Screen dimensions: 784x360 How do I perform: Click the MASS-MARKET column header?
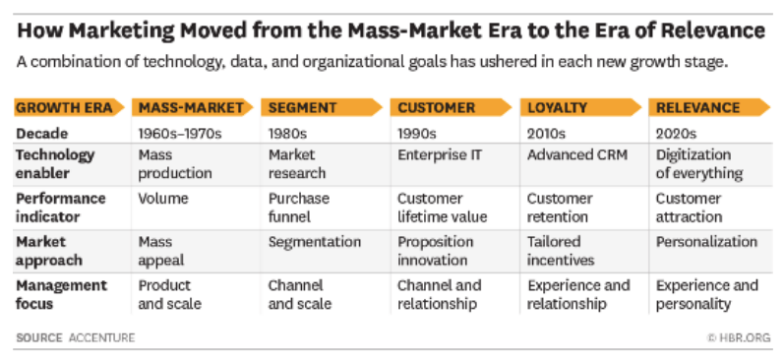(191, 107)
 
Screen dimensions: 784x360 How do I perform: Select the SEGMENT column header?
(302, 107)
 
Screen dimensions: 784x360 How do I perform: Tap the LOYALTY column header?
(557, 107)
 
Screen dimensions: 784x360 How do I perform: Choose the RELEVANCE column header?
(698, 107)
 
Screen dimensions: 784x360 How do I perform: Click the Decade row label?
(41, 134)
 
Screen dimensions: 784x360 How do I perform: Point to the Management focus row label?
(62, 294)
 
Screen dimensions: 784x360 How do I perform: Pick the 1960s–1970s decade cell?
(180, 134)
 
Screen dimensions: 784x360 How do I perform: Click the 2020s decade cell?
(676, 134)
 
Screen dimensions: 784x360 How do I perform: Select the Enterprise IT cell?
(440, 155)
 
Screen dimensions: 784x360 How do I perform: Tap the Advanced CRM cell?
(577, 155)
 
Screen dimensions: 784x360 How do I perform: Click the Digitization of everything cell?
(699, 164)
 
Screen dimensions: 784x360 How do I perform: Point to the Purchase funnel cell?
(299, 208)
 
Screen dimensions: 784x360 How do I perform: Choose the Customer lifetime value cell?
(442, 208)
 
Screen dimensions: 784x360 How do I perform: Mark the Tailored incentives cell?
(561, 251)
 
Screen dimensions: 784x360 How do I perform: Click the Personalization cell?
(706, 242)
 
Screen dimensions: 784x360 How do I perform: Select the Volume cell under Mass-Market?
(163, 199)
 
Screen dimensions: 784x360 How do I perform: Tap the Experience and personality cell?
(707, 294)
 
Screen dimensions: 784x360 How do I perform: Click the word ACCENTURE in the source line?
(102, 337)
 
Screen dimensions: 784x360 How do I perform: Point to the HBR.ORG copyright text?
(740, 337)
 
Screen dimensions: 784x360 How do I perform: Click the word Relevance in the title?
(713, 31)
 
